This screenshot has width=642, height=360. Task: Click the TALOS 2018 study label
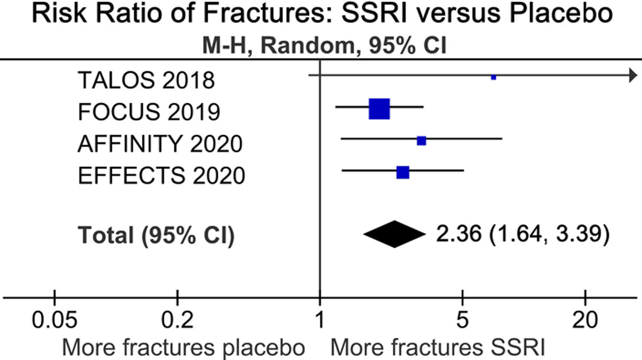146,81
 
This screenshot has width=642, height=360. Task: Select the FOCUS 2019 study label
149,112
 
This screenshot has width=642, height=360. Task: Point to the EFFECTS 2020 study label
161,175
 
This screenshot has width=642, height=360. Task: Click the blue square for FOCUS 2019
379,109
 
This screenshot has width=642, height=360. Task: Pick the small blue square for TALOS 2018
493,78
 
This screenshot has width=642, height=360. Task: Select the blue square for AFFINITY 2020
422,141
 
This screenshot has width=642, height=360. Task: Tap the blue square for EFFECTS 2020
403,172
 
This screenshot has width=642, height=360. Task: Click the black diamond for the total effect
393,234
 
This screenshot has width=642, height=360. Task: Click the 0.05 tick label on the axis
54,321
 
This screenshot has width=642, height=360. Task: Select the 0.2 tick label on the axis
177,321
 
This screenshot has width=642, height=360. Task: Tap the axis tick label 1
320,321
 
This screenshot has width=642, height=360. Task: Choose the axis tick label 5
462,321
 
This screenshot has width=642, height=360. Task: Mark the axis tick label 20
586,321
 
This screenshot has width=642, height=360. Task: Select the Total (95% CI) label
156,235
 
